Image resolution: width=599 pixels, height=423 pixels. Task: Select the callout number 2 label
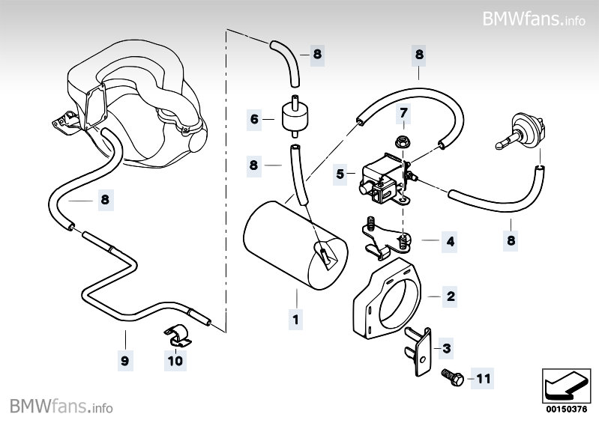(x=451, y=296)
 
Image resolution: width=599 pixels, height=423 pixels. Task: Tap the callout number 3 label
(x=447, y=348)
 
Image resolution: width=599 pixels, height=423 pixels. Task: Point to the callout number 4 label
(x=450, y=242)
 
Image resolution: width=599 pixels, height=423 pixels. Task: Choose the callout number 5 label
(x=340, y=174)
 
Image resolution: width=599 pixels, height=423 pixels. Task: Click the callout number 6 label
(x=254, y=118)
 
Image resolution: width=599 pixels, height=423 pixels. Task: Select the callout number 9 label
(x=124, y=361)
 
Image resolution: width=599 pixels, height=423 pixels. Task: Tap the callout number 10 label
(x=175, y=361)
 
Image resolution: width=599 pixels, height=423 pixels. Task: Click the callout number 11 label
(x=483, y=380)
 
